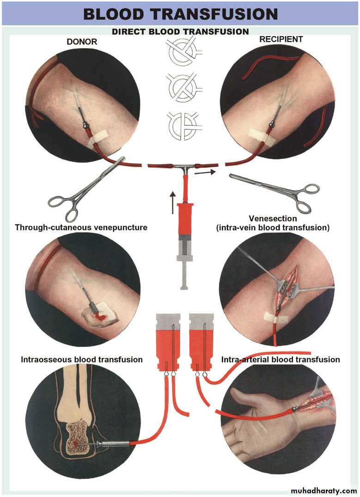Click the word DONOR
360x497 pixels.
82,42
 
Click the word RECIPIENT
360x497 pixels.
281,39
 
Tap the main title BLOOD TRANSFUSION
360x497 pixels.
180,14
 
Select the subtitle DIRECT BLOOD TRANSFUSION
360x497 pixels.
180,32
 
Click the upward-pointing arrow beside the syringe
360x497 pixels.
172,202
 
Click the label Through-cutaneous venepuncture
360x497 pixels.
81,227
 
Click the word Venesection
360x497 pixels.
273,219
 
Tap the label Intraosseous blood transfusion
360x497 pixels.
82,359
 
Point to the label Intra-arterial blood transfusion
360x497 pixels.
281,359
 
